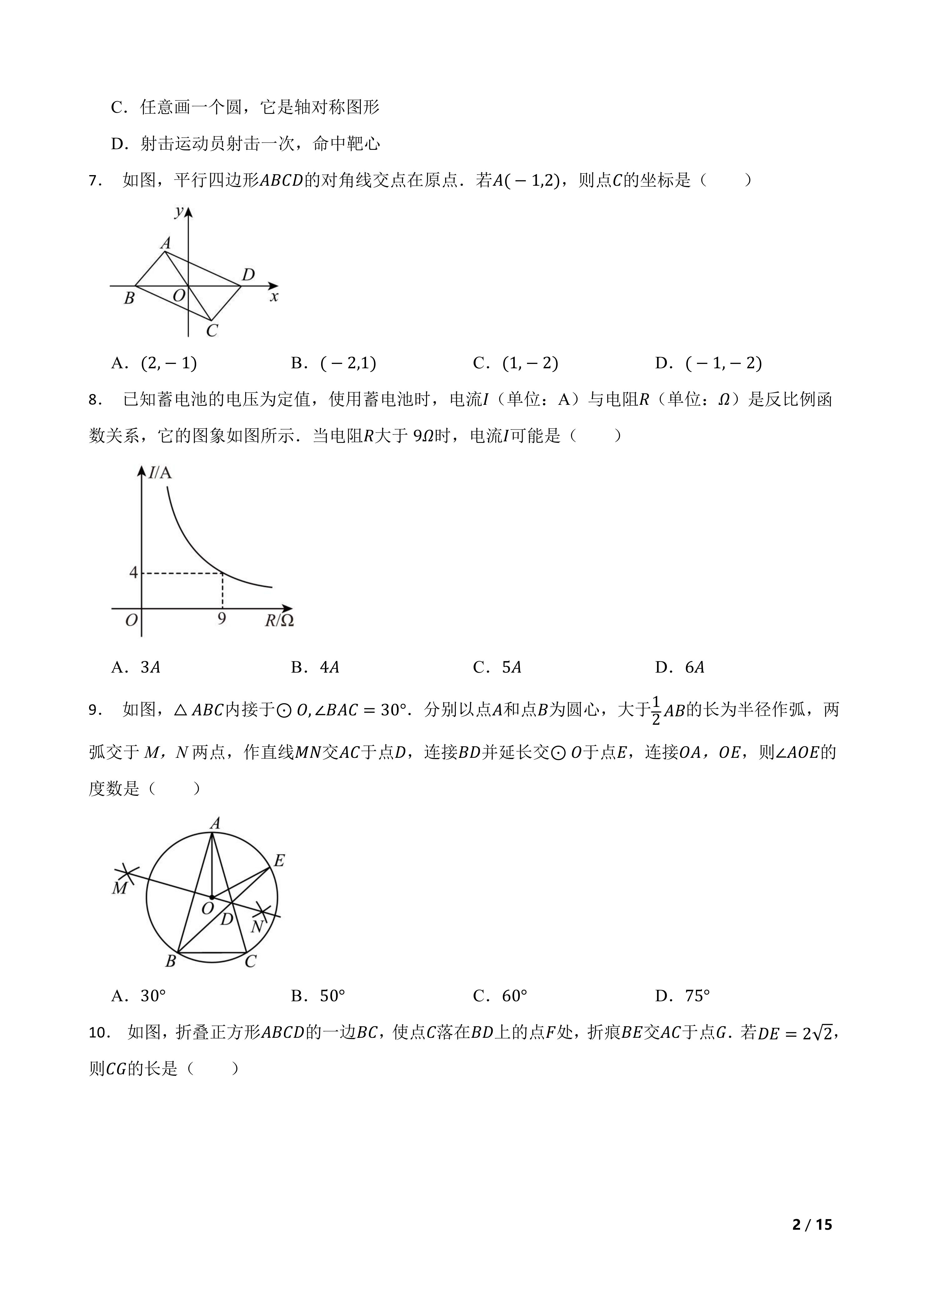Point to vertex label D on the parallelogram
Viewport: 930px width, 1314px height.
click(x=248, y=275)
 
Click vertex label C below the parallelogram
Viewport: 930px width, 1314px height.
click(x=212, y=331)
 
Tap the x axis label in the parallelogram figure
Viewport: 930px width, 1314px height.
click(x=274, y=297)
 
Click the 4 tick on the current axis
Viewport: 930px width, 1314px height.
click(x=133, y=572)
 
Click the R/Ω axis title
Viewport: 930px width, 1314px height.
click(x=279, y=620)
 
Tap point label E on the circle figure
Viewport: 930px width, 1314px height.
click(x=279, y=860)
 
